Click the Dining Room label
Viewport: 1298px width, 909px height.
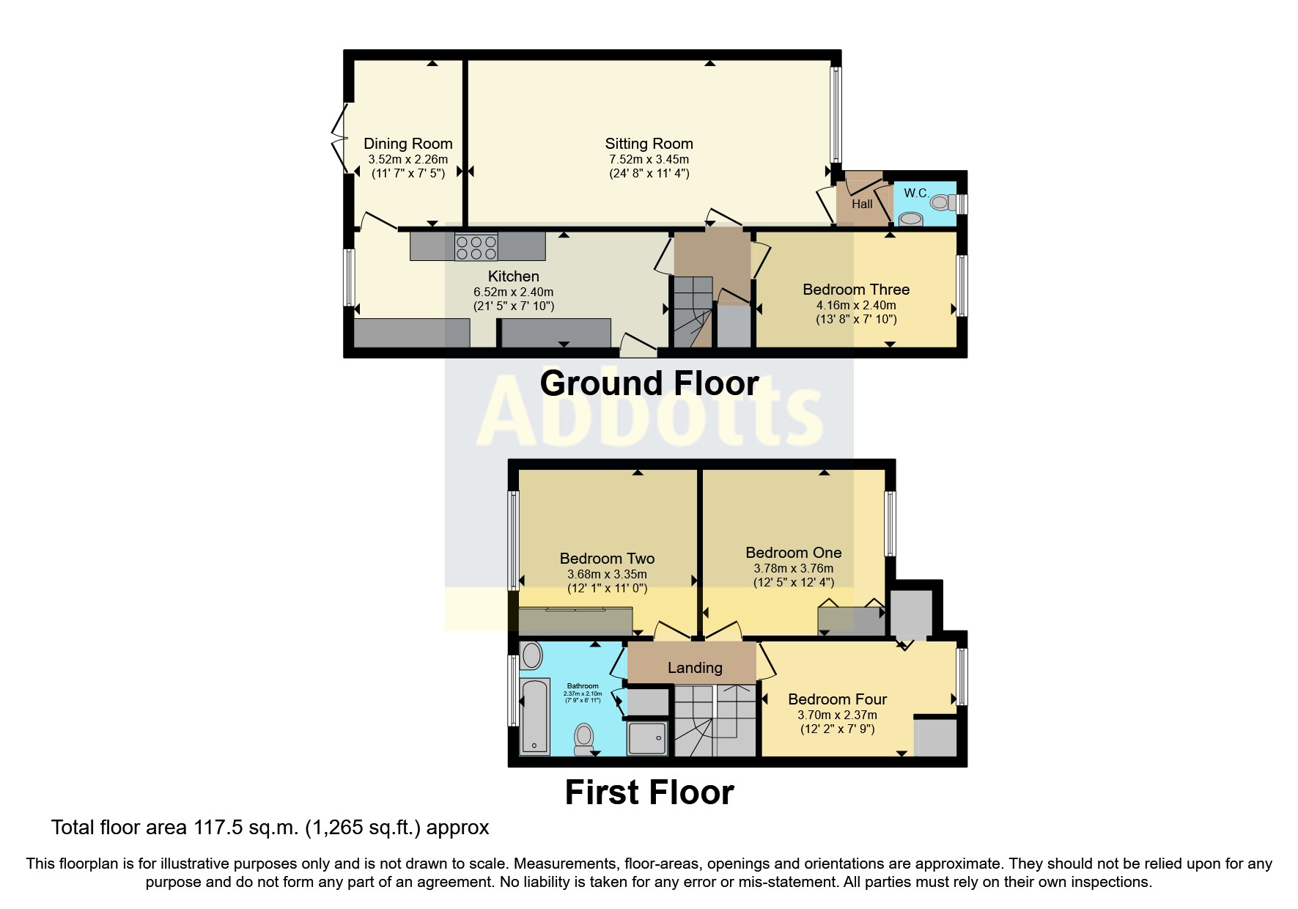pyautogui.click(x=408, y=144)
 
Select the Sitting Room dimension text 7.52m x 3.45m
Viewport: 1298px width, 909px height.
pyautogui.click(x=649, y=159)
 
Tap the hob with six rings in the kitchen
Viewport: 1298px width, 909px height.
pyautogui.click(x=476, y=246)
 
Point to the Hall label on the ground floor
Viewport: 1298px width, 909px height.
pyautogui.click(x=862, y=204)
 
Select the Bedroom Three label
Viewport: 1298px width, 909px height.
pyautogui.click(x=856, y=290)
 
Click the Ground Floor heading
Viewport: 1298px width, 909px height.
pyautogui.click(x=649, y=383)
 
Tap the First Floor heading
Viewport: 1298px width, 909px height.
pyautogui.click(x=649, y=792)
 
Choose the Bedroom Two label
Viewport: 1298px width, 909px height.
pyautogui.click(x=607, y=559)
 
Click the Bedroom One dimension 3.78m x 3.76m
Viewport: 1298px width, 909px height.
pyautogui.click(x=793, y=568)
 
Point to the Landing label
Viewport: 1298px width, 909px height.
pyautogui.click(x=694, y=668)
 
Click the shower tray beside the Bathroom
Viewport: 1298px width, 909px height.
pyautogui.click(x=648, y=737)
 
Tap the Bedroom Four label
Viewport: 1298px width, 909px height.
pyautogui.click(x=837, y=699)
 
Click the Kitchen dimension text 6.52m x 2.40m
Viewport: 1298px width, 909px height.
pyautogui.click(x=513, y=292)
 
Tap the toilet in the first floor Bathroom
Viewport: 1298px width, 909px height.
pyautogui.click(x=584, y=737)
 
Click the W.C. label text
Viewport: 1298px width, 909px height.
pyautogui.click(x=916, y=193)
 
